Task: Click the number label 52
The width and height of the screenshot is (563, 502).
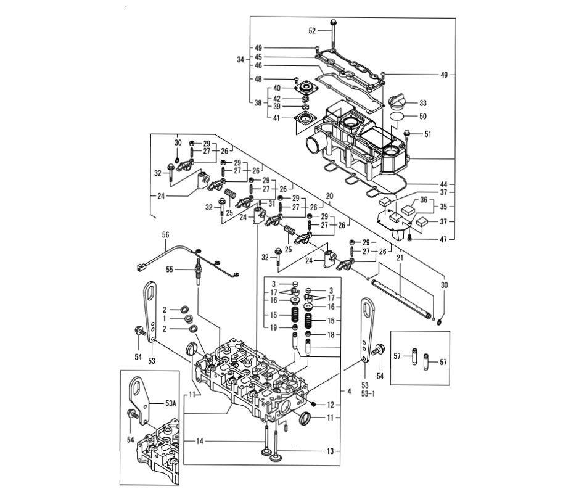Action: click(x=312, y=31)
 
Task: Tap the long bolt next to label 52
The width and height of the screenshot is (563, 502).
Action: click(x=333, y=34)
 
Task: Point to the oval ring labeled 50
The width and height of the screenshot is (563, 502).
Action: click(x=397, y=117)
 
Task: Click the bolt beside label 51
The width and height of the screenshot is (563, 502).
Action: click(x=407, y=136)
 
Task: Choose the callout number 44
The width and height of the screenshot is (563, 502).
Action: click(x=444, y=184)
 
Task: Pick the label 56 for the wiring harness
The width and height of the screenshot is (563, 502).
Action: click(x=165, y=235)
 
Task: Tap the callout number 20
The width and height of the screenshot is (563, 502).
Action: click(x=329, y=196)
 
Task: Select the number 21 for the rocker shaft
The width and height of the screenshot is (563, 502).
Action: click(x=400, y=257)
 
